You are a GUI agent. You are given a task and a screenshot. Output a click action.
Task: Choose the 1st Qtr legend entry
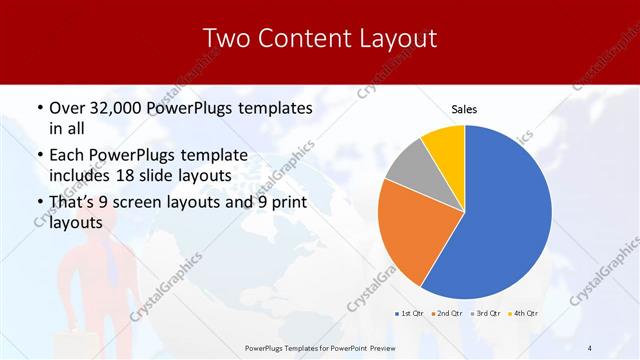coord(409,313)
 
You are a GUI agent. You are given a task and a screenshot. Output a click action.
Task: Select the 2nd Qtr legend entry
coord(445,313)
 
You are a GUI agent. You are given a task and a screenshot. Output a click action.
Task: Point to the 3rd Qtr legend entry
coord(484,313)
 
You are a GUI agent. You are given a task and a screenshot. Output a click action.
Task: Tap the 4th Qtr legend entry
coord(522,313)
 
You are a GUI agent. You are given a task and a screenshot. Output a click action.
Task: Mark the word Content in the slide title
coord(306,39)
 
